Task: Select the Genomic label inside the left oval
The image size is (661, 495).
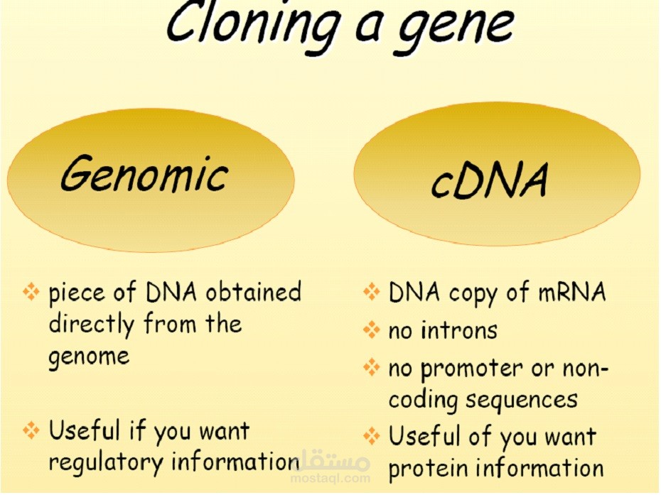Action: point(144,175)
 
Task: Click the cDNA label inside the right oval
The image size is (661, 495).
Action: point(490,180)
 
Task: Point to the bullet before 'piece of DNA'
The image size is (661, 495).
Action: point(31,292)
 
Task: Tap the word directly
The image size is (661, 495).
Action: point(92,324)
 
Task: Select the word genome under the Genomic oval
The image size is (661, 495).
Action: point(89,356)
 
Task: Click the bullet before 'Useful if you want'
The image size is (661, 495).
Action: point(31,430)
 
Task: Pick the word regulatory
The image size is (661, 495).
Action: point(105,462)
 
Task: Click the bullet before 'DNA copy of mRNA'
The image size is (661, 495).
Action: point(372,292)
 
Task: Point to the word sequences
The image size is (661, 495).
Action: point(522,400)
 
